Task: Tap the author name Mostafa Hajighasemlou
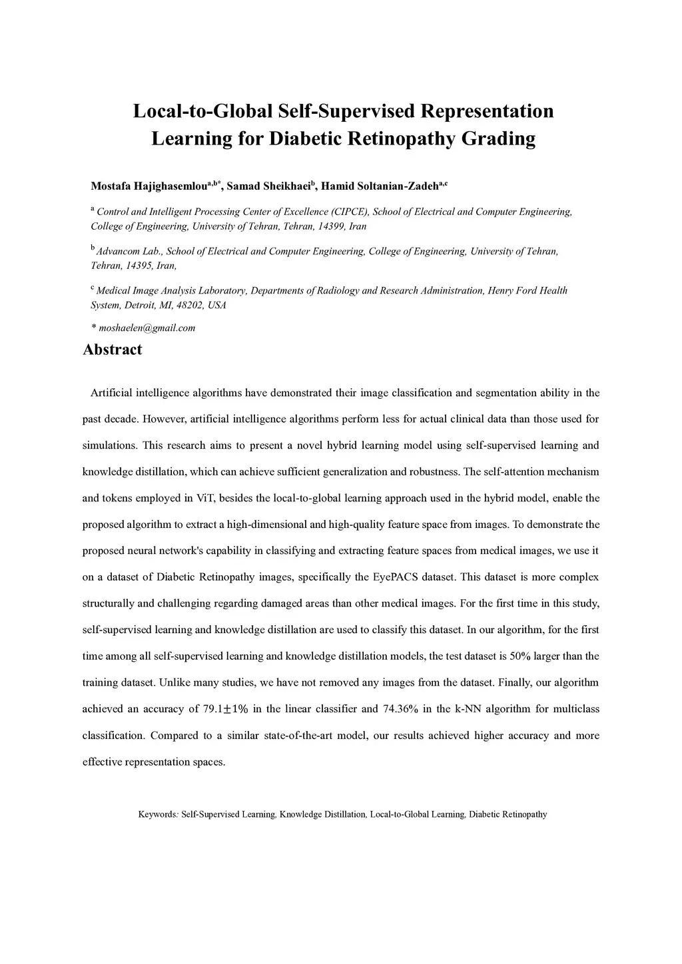(149, 186)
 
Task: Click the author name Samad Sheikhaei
(269, 186)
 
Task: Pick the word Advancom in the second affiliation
(118, 252)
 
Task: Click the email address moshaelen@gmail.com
(147, 328)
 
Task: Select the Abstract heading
(112, 350)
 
